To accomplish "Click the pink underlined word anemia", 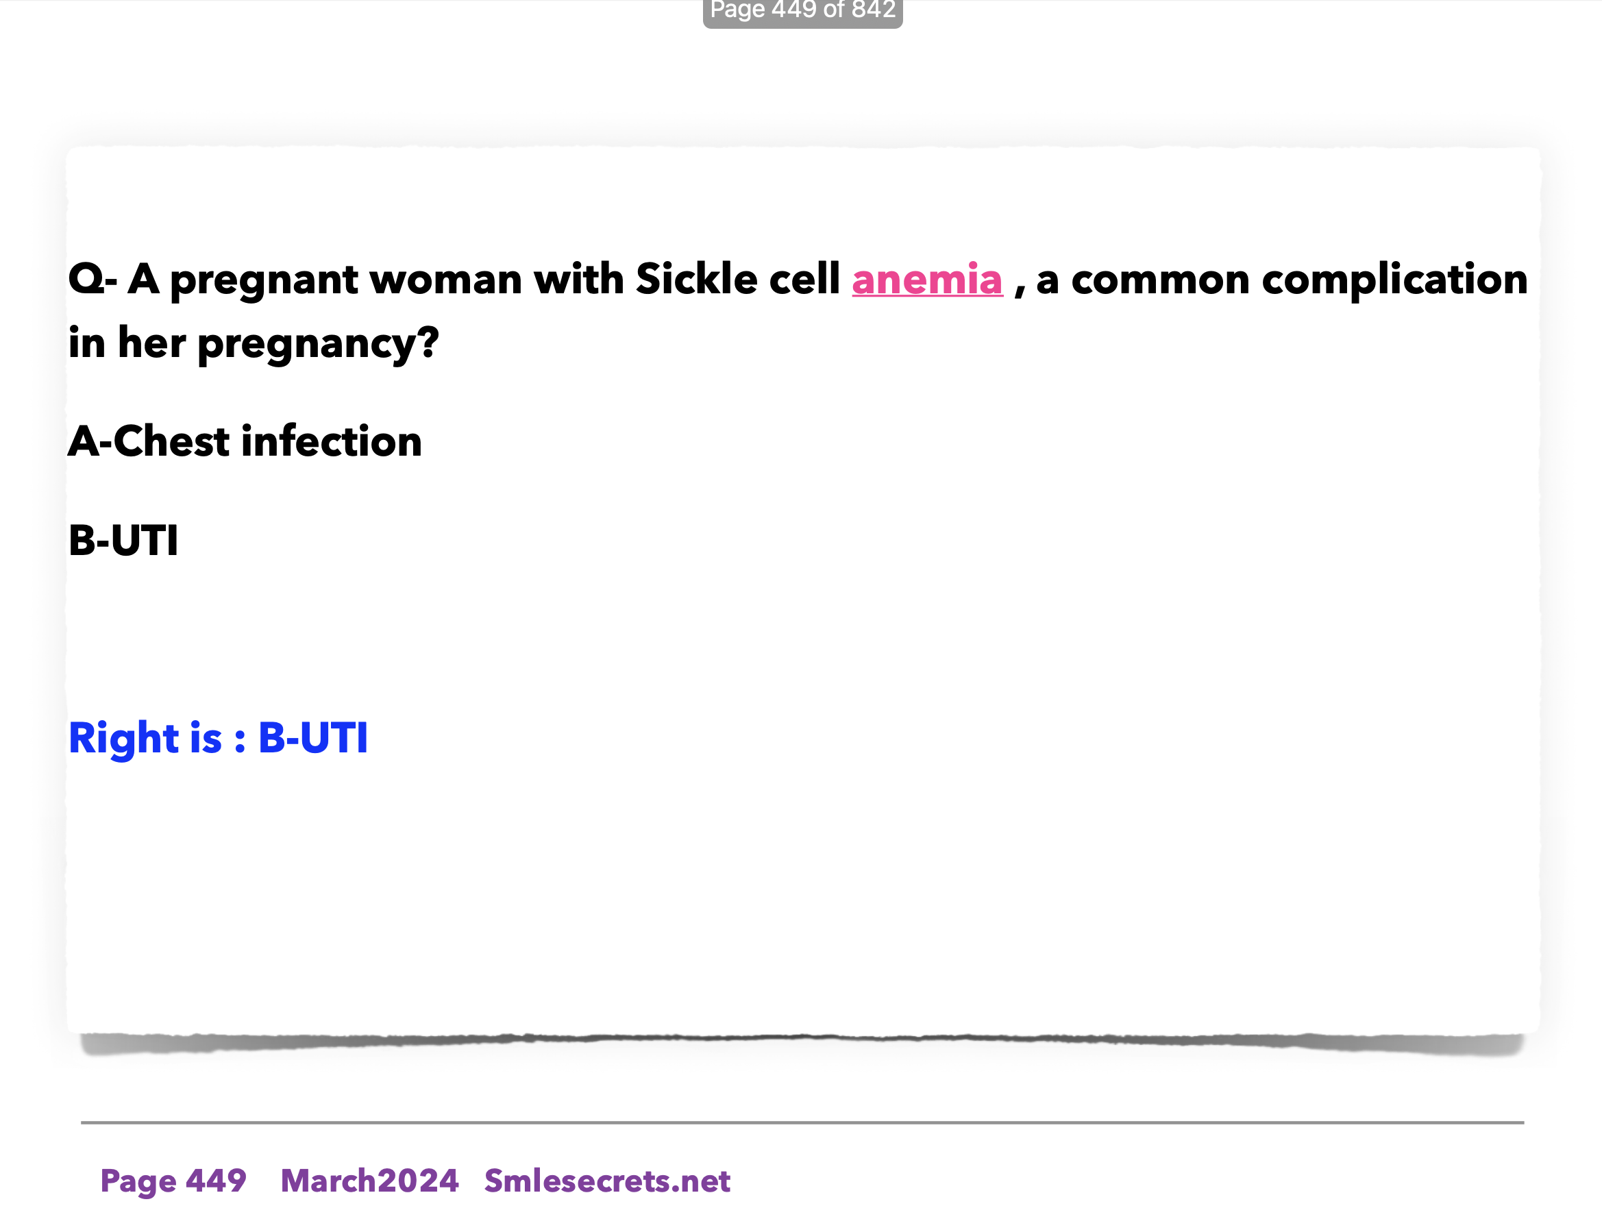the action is [927, 280].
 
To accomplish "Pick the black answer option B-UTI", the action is [123, 541].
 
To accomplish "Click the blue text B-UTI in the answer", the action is [313, 738].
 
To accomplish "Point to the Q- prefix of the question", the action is [93, 280].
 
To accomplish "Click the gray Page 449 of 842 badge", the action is [802, 11].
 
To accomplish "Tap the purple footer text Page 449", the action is [173, 1181].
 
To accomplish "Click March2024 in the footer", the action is [369, 1181].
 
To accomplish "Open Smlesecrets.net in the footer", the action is [607, 1181].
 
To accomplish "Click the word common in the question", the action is [1160, 281].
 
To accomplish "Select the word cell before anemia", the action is [804, 278].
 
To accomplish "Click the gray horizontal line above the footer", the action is [802, 1122].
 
